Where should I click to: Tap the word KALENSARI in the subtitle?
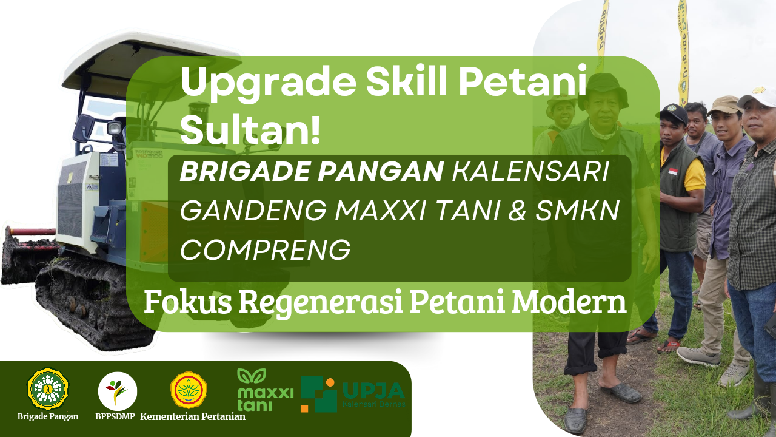coord(530,172)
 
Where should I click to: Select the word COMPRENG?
coord(265,249)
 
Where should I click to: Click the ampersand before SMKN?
coord(518,211)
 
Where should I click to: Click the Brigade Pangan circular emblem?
coord(48,389)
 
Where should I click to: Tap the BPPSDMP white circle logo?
coord(118,391)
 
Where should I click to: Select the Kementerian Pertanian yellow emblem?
coord(189,390)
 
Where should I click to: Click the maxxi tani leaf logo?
coord(252,376)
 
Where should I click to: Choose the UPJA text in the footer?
coord(373,391)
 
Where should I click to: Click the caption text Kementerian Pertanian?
coord(193,416)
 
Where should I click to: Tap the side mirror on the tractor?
coord(83,129)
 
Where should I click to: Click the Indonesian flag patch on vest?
coord(672,172)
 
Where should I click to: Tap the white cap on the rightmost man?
coord(758,97)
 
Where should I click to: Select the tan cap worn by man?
coord(724,106)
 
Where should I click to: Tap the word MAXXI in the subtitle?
coord(380,211)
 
